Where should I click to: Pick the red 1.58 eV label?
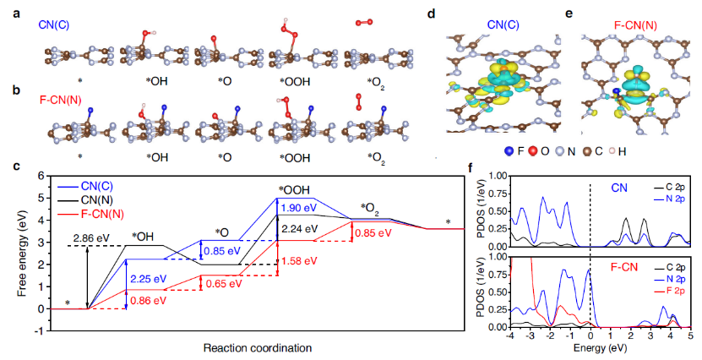[x=297, y=260]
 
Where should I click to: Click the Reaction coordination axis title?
[x=252, y=347]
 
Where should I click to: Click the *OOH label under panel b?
[x=292, y=156]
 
